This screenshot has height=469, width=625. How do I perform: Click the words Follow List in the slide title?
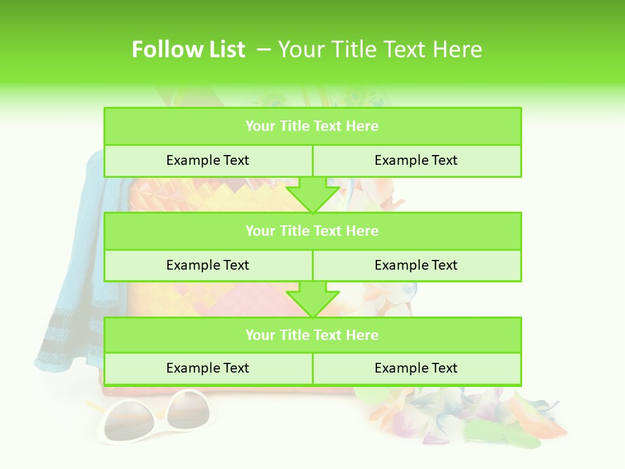(x=188, y=50)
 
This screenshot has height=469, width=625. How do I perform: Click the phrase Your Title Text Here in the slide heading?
(x=380, y=50)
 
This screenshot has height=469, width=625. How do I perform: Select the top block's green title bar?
(x=312, y=126)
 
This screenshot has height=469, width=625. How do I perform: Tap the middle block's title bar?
(x=312, y=231)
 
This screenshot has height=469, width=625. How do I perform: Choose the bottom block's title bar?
(x=312, y=335)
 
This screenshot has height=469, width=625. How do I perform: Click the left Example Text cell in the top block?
(x=208, y=160)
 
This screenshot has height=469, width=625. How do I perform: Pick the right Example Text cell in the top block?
(x=416, y=160)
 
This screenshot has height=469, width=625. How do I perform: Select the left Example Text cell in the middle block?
(x=208, y=265)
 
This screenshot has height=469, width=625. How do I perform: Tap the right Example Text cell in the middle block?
(x=416, y=265)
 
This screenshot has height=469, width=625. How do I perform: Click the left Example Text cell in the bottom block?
(x=208, y=368)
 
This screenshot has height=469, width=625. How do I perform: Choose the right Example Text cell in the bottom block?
(x=416, y=368)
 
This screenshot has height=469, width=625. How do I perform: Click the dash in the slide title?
(x=264, y=50)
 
